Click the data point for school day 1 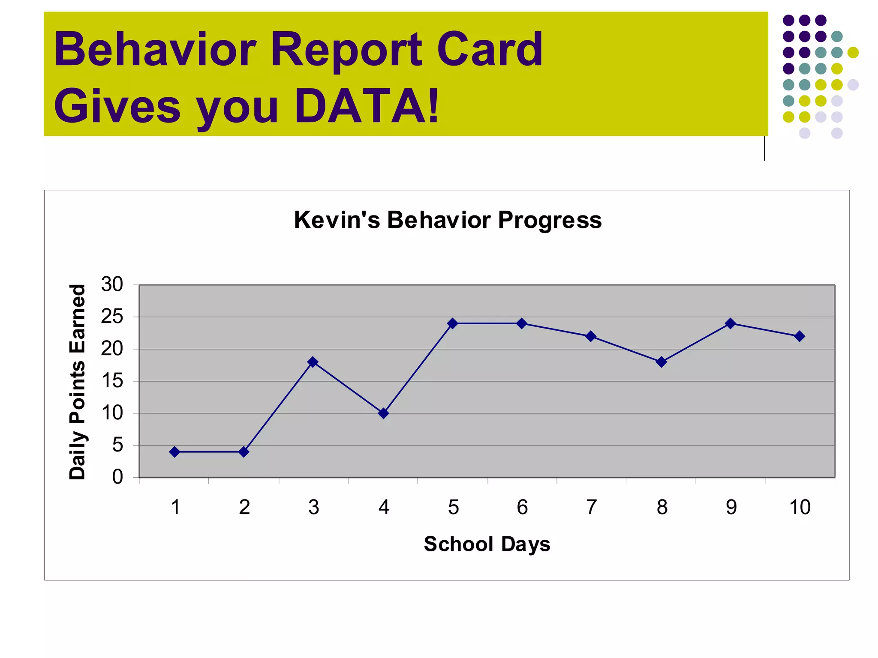174,452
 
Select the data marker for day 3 313,362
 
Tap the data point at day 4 384,413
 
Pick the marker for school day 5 453,323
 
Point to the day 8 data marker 662,362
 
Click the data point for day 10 799,336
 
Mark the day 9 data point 731,323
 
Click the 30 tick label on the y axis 112,284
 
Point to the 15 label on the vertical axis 112,381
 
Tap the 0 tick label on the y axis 117,477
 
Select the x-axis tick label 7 592,508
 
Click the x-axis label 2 244,508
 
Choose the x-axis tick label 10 800,508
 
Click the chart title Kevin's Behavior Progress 448,220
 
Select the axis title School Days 487,544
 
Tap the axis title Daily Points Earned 78,382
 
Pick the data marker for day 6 522,323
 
